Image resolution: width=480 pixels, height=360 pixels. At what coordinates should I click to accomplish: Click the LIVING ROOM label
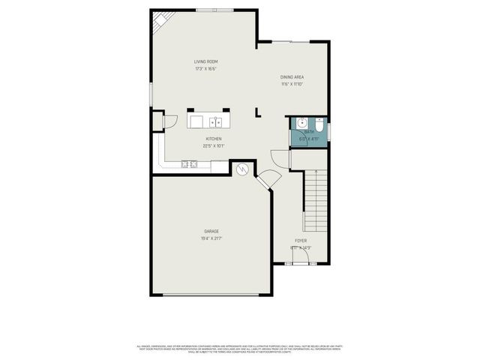[206, 61]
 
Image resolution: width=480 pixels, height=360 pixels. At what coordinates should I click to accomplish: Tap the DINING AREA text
[292, 76]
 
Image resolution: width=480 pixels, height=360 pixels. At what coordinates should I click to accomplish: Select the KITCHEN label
[214, 139]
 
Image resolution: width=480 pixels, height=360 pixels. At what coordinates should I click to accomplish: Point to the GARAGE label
[211, 231]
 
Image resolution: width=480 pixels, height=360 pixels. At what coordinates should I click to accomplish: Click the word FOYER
[300, 241]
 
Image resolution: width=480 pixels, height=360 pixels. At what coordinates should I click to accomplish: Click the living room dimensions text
[206, 69]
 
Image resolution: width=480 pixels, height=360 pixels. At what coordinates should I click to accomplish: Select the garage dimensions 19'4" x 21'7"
[211, 238]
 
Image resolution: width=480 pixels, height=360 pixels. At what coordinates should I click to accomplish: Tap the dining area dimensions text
[292, 84]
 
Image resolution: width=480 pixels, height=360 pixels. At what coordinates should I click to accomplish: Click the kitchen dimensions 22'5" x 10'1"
[214, 146]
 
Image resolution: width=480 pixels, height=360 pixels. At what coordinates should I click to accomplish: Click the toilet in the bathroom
[319, 124]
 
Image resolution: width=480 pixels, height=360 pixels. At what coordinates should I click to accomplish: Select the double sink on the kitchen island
[215, 121]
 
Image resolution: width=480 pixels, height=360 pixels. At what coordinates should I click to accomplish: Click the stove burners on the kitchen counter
[188, 163]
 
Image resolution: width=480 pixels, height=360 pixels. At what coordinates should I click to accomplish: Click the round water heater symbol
[242, 170]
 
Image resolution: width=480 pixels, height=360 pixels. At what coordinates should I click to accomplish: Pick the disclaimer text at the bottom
[240, 349]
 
